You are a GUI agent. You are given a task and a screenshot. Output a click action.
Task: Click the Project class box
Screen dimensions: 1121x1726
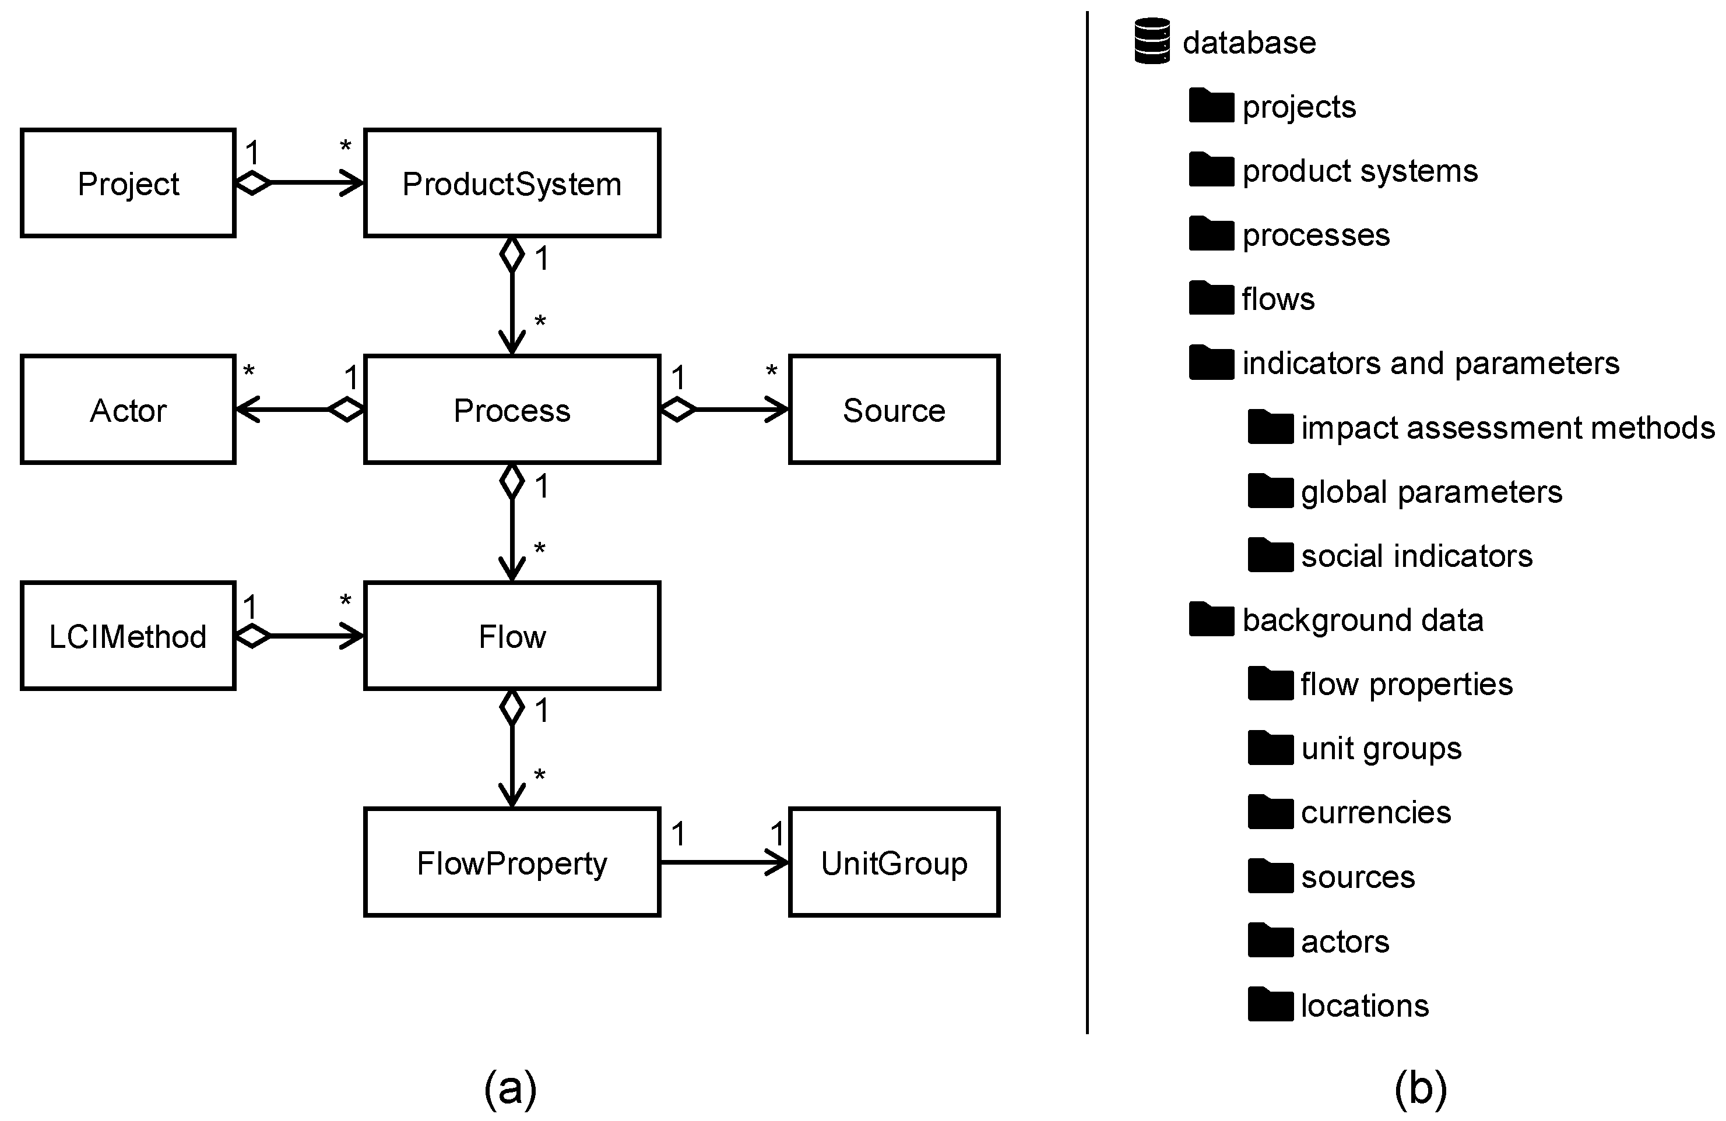point(128,183)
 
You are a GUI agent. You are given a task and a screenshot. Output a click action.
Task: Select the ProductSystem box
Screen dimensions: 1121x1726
point(512,183)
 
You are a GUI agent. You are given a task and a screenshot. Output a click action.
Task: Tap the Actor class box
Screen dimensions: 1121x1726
point(128,410)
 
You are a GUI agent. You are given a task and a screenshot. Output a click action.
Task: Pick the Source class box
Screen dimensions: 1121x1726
point(894,410)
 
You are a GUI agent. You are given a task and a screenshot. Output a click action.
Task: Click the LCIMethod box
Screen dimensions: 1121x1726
point(128,636)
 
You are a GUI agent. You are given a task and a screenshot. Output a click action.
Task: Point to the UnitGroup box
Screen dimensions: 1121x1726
point(894,863)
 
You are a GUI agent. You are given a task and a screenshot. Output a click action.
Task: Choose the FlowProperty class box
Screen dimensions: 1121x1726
point(512,863)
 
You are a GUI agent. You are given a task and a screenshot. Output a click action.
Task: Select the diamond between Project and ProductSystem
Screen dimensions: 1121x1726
point(254,183)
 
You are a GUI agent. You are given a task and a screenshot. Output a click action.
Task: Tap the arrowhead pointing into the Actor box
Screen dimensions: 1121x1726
point(247,410)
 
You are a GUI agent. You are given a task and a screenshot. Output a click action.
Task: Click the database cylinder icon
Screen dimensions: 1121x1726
point(1152,41)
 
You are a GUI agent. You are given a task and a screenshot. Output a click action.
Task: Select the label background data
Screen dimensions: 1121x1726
point(1363,621)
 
